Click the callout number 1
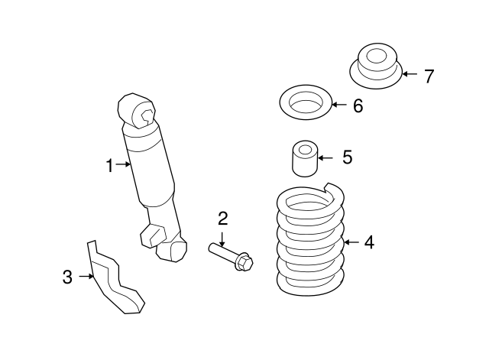pyautogui.click(x=109, y=166)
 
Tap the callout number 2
pyautogui.click(x=222, y=219)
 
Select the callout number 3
pyautogui.click(x=67, y=277)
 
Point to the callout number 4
pyautogui.click(x=369, y=242)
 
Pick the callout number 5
pyautogui.click(x=348, y=157)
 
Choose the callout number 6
pyautogui.click(x=358, y=105)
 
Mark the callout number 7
pyautogui.click(x=429, y=76)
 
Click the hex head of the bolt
pyautogui.click(x=244, y=263)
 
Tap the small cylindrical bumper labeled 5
pyautogui.click(x=305, y=158)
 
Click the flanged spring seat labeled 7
pyautogui.click(x=376, y=66)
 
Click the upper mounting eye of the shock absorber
pyautogui.click(x=137, y=111)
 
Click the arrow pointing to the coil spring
pyautogui.click(x=351, y=242)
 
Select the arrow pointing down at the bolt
pyautogui.click(x=222, y=239)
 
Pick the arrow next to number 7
pyautogui.click(x=410, y=74)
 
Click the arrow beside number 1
pyautogui.click(x=123, y=164)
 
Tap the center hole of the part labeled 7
pyautogui.click(x=377, y=57)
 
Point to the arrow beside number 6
pyautogui.click(x=339, y=105)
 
